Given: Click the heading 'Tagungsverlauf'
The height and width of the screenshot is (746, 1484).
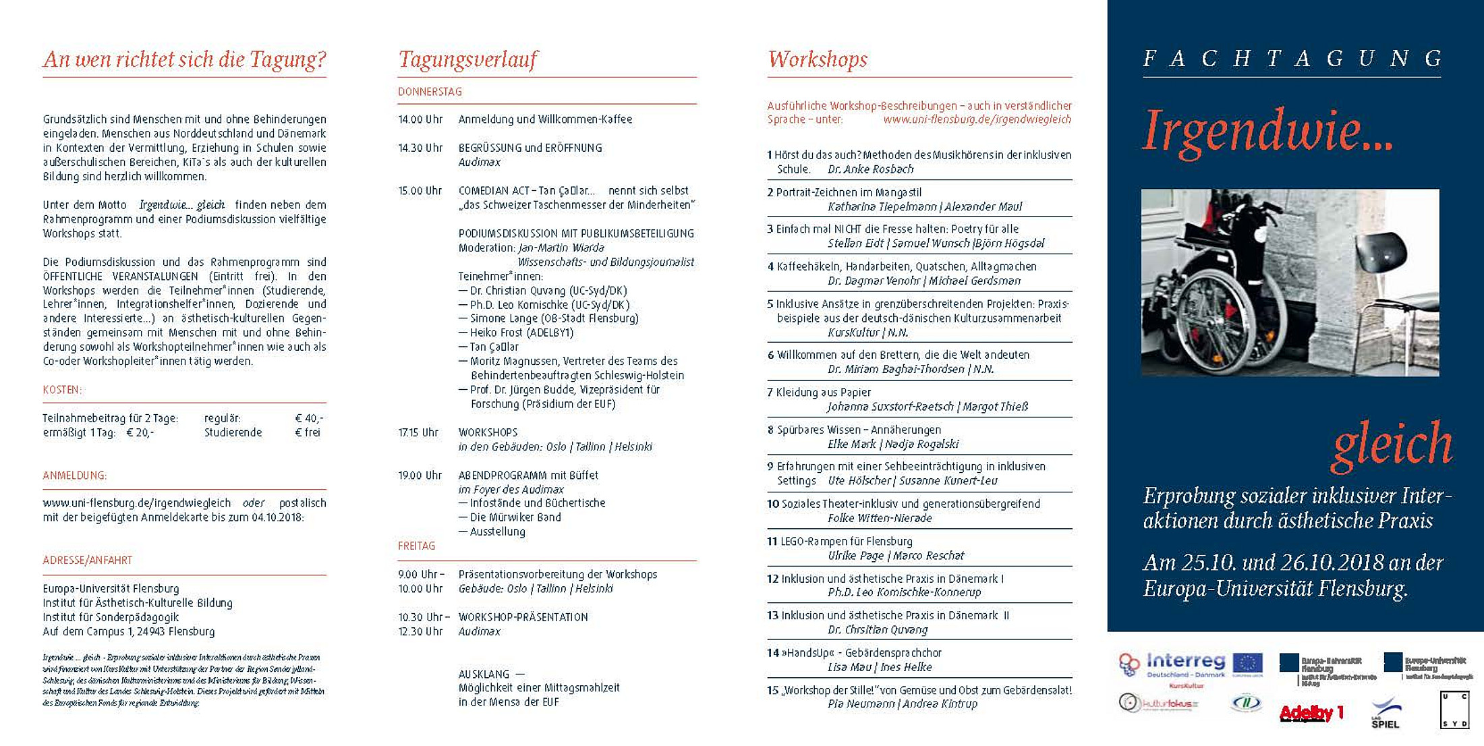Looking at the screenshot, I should coord(467,59).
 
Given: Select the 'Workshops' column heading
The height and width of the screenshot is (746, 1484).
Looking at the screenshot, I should coord(818,59).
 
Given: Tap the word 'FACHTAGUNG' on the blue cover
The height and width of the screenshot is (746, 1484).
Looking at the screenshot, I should coord(1292,59).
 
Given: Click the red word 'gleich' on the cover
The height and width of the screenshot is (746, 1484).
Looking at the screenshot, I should coord(1392,444).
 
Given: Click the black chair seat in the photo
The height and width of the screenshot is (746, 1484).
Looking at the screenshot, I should coord(1380,254).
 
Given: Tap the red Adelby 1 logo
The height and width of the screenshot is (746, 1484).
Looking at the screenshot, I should coord(1311,713).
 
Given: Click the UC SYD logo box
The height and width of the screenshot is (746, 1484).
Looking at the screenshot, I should coord(1454,710).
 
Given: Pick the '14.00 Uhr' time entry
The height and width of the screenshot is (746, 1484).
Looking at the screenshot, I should coord(420,119).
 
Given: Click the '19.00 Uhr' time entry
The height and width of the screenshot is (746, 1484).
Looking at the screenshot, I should coord(420,476).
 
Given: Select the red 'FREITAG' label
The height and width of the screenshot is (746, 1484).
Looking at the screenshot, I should coord(416,546).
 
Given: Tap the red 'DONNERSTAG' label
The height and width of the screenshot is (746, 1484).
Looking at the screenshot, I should coord(430,92).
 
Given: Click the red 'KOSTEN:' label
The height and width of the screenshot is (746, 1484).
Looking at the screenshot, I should coord(62,390).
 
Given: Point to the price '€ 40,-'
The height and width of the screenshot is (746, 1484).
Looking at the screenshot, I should coord(309,418).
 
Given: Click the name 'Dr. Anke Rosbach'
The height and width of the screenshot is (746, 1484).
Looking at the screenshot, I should coord(870,169).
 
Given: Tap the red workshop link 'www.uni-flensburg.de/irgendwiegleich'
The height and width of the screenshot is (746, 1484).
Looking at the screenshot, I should coord(977,119).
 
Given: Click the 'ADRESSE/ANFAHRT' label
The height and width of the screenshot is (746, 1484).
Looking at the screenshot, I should coord(88,561).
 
